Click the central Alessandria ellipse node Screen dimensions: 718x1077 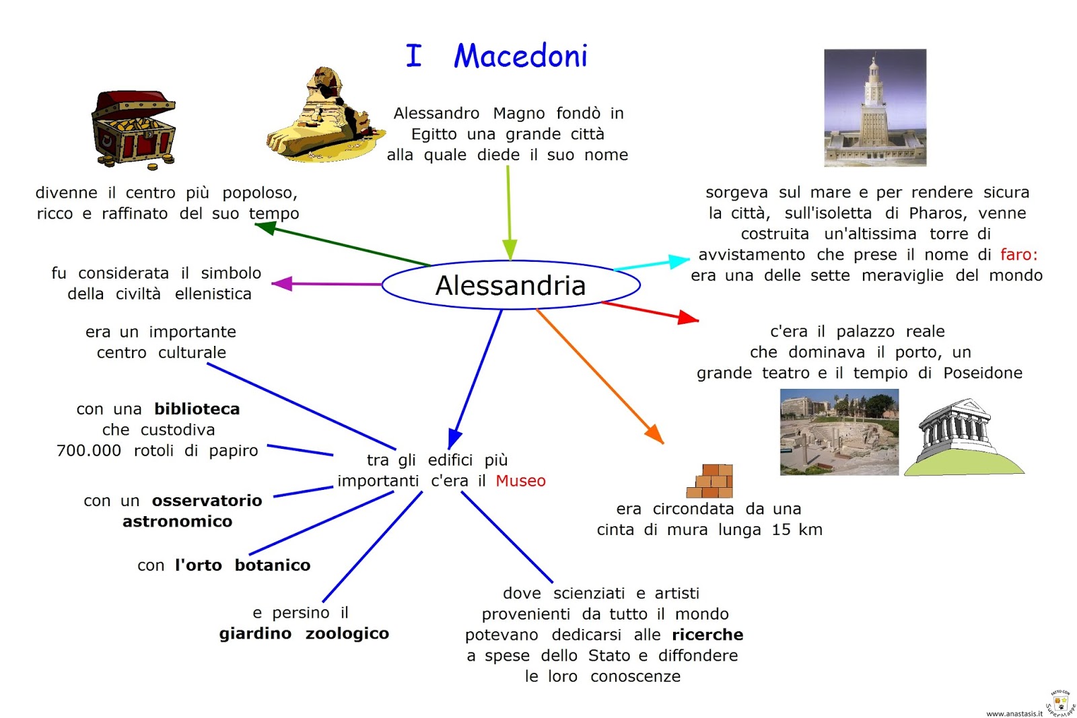click(x=510, y=285)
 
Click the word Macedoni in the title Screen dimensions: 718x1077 click(x=520, y=56)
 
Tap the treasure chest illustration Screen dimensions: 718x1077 click(x=134, y=129)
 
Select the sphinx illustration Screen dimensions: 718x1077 click(x=324, y=116)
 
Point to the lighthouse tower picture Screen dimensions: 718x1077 click(x=874, y=108)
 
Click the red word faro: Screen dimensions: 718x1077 click(x=1018, y=254)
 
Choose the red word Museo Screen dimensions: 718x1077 click(x=520, y=480)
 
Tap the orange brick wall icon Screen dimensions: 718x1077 click(x=710, y=480)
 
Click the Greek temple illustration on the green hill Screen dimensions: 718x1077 click(x=963, y=437)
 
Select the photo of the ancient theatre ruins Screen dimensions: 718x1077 click(x=839, y=432)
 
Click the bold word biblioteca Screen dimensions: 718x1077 click(x=197, y=408)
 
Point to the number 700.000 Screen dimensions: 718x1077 click(x=89, y=450)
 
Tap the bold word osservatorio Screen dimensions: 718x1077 click(x=207, y=500)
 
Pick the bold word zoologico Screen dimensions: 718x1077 click(x=347, y=633)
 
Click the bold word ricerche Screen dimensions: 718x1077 click(x=707, y=635)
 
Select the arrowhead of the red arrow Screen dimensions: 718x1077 click(x=688, y=317)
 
